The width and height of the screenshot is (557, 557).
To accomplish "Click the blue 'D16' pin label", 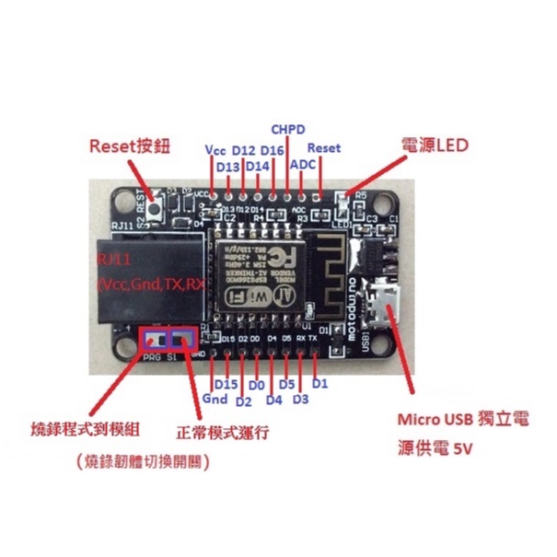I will coord(273,149).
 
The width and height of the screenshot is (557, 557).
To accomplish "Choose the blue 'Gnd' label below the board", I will coord(215,400).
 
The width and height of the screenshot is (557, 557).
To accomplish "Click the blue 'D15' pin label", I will coord(226,383).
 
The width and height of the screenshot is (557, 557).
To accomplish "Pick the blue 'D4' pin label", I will coord(273,400).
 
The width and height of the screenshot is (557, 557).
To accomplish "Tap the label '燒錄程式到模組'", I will coord(73,430).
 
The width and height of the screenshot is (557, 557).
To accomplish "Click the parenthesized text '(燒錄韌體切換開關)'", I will coord(142,464).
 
